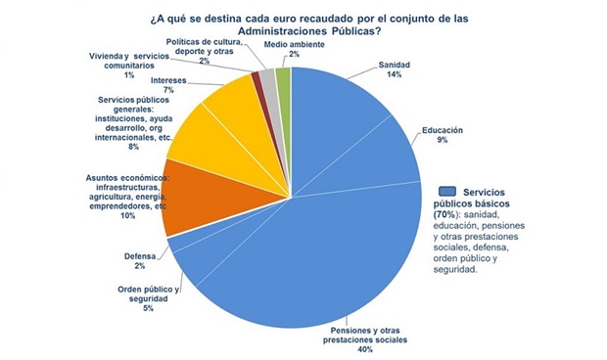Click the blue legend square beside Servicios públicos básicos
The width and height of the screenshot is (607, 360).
[x=447, y=191]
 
